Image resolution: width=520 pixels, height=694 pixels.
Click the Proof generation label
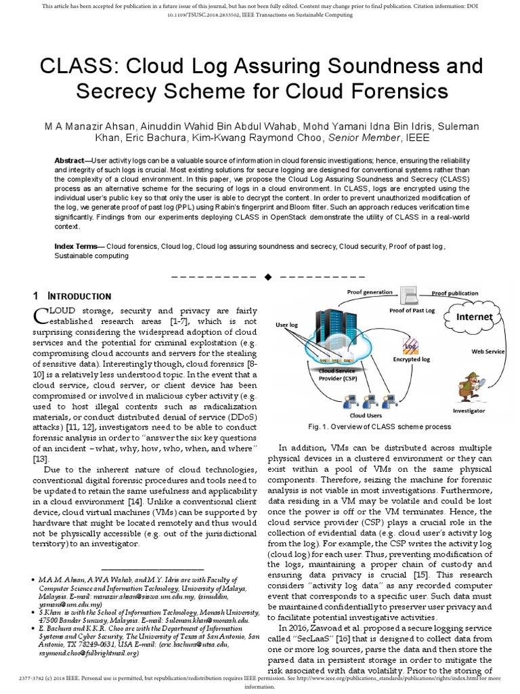[x=370, y=292]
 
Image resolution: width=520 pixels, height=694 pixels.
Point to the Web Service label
[x=488, y=352]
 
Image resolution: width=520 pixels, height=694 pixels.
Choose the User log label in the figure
[x=287, y=325]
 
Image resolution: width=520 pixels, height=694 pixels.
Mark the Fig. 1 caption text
[x=379, y=428]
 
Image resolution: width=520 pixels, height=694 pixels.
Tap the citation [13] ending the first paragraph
[x=41, y=460]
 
